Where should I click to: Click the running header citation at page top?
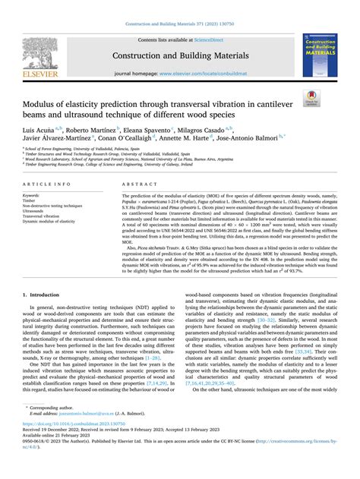tap(180, 7)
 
